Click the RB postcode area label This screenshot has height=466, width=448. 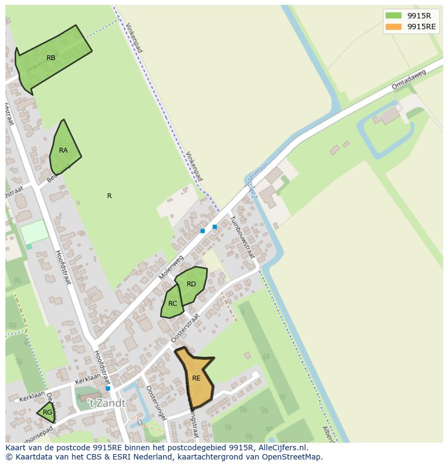coord(51,58)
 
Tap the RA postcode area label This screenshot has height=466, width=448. coord(63,150)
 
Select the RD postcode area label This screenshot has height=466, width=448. coord(191,284)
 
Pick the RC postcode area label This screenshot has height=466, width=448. coord(173,304)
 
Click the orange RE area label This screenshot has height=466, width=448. coord(196,378)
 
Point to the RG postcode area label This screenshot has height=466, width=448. coord(48,412)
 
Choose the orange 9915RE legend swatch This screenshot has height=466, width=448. coord(394,27)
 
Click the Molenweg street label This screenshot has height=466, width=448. coord(172,268)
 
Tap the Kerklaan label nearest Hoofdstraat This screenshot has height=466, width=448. coord(88,378)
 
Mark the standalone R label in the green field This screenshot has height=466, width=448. coord(109,196)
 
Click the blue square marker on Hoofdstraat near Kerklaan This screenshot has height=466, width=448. coord(108,389)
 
